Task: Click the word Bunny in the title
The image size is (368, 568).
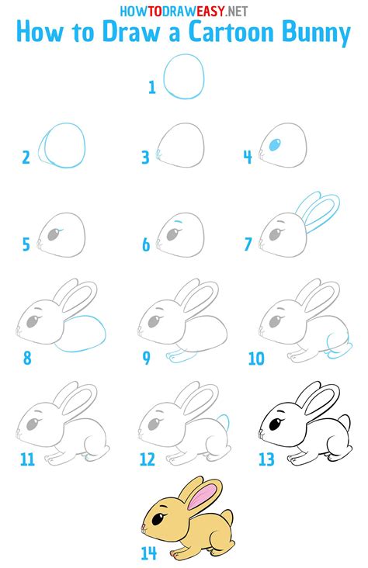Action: pyautogui.click(x=316, y=33)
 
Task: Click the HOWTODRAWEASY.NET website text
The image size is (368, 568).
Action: pyautogui.click(x=184, y=11)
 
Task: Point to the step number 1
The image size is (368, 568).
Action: pyautogui.click(x=152, y=88)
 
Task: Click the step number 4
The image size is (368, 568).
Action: pyautogui.click(x=248, y=158)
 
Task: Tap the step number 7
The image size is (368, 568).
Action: pyautogui.click(x=248, y=244)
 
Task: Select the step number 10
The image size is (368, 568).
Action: pyautogui.click(x=256, y=358)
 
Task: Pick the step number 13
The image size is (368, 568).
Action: pyautogui.click(x=266, y=459)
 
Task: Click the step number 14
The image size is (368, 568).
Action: pyautogui.click(x=148, y=553)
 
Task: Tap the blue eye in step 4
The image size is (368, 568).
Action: pyautogui.click(x=275, y=145)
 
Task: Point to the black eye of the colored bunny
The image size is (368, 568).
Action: pyautogui.click(x=158, y=519)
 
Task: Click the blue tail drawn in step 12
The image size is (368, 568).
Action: pyautogui.click(x=224, y=422)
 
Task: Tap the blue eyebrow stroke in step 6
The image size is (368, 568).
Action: pyautogui.click(x=178, y=221)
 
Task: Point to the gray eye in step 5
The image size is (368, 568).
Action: pyautogui.click(x=54, y=234)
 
